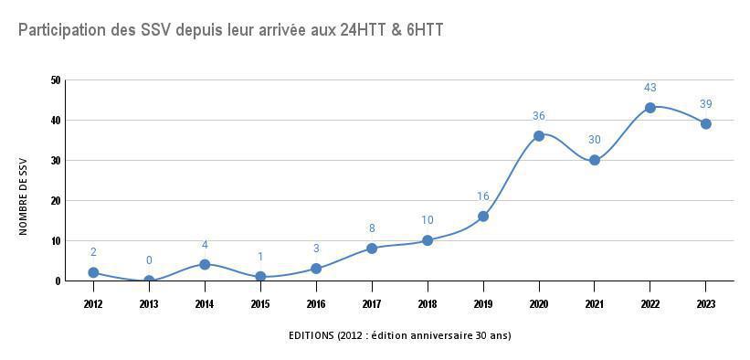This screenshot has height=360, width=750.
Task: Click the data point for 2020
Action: click(x=539, y=136)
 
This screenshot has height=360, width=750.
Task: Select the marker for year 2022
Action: click(x=650, y=108)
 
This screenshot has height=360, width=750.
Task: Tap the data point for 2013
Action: click(x=149, y=281)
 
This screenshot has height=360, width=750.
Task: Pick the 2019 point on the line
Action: click(x=483, y=217)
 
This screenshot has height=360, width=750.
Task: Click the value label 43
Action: click(x=650, y=88)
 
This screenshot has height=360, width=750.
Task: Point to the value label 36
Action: click(x=539, y=116)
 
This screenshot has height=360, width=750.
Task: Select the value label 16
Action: click(x=483, y=196)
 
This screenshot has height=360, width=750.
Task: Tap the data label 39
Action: click(x=706, y=103)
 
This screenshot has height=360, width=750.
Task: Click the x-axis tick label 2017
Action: click(x=372, y=303)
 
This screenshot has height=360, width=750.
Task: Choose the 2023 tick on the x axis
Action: click(x=706, y=303)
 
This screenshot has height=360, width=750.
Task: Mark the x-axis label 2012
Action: click(x=93, y=303)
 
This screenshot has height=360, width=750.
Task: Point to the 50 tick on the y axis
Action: click(x=56, y=80)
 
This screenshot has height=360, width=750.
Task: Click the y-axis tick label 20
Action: click(x=56, y=201)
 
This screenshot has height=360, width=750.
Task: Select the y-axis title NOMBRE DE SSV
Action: click(x=24, y=195)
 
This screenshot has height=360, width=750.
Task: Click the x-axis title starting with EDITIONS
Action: click(x=399, y=335)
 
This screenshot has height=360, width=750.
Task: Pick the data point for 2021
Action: click(x=595, y=160)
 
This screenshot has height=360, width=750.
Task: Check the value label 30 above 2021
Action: click(x=595, y=140)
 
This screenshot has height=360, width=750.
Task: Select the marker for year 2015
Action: click(x=260, y=277)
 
